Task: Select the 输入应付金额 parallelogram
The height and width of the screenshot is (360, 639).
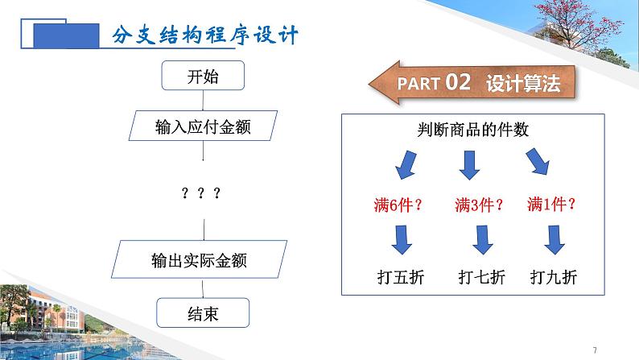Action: (203, 127)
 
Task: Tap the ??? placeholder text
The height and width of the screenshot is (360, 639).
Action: (201, 193)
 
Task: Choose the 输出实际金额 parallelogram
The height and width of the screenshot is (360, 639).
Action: (203, 259)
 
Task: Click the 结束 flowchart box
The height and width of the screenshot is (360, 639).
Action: (203, 310)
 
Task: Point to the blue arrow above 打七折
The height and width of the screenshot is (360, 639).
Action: (482, 238)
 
